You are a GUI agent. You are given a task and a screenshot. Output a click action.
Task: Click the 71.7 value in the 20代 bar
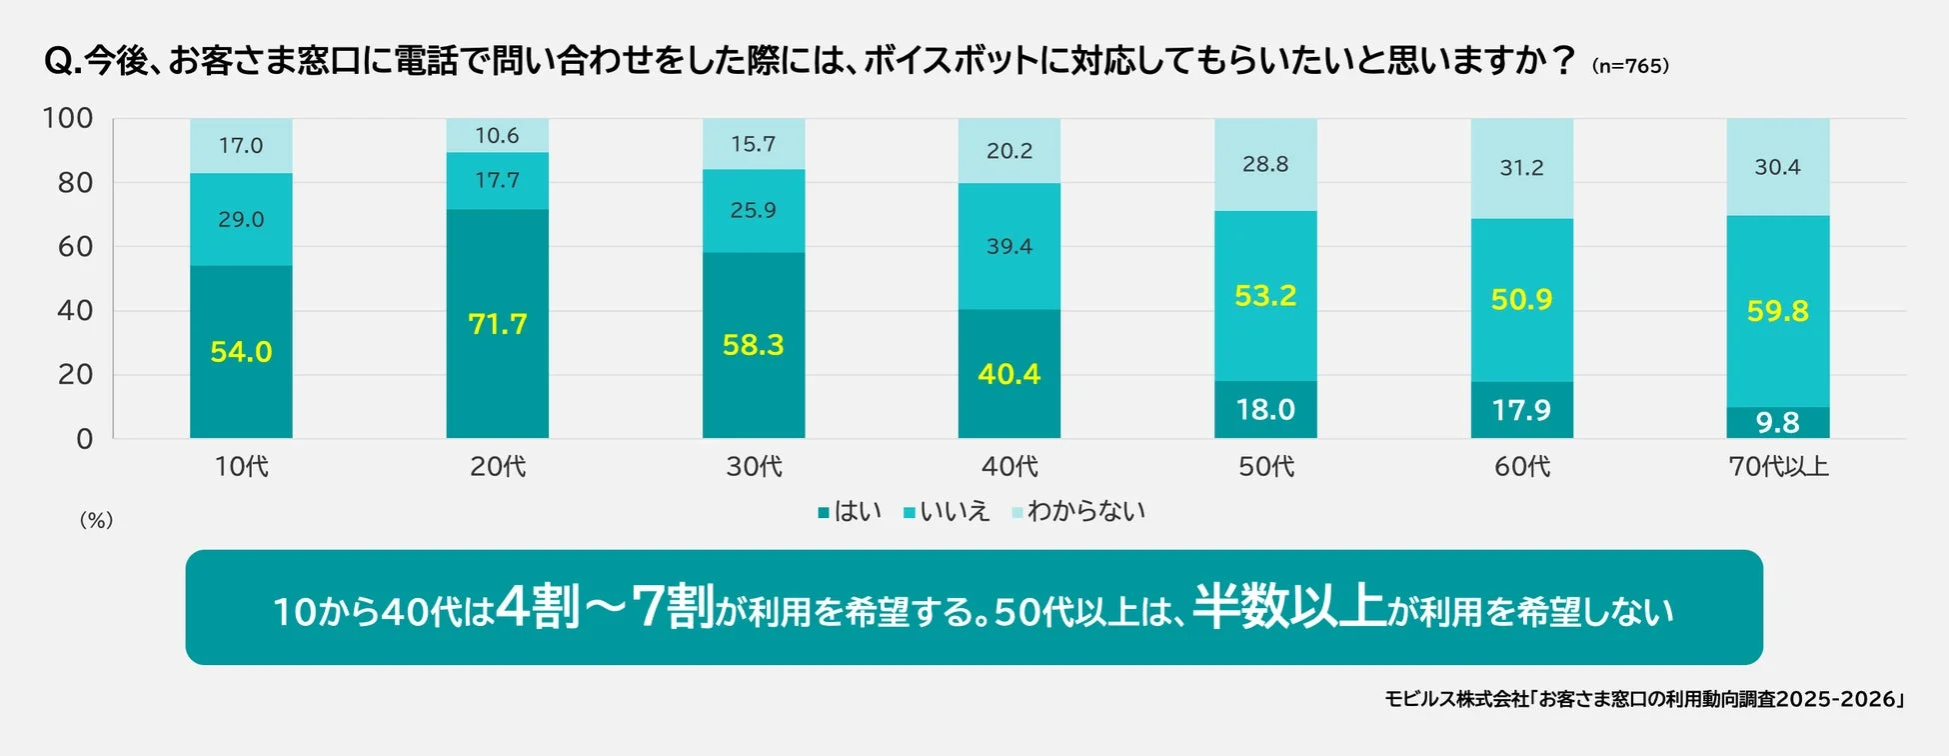[497, 324]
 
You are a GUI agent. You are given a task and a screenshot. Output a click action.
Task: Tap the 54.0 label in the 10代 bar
[241, 352]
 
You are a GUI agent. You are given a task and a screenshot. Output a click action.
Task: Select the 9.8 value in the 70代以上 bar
[1777, 423]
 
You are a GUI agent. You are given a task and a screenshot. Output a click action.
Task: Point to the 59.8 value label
[1777, 311]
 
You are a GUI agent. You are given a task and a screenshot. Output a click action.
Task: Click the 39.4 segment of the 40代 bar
[1008, 246]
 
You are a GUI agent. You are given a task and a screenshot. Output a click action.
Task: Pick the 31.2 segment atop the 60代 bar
[1521, 168]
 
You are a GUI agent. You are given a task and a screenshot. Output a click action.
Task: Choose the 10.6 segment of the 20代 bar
[497, 135]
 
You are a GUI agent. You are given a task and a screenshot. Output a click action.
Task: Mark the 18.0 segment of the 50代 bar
[1265, 410]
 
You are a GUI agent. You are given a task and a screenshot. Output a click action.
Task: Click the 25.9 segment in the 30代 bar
[753, 210]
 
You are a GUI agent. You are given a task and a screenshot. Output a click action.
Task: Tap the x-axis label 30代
[754, 467]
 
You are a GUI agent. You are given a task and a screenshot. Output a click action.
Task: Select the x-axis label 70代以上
[1778, 467]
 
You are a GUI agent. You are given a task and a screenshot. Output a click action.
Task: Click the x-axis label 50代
[1265, 467]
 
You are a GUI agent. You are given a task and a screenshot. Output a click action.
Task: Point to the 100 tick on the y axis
[67, 118]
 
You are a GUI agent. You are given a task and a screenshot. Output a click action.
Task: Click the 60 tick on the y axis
[75, 246]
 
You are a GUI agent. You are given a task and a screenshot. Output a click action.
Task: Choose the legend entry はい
[850, 512]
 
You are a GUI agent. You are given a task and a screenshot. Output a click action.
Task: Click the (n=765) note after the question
[1630, 66]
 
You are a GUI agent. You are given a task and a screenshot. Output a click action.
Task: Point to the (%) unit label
[96, 520]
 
